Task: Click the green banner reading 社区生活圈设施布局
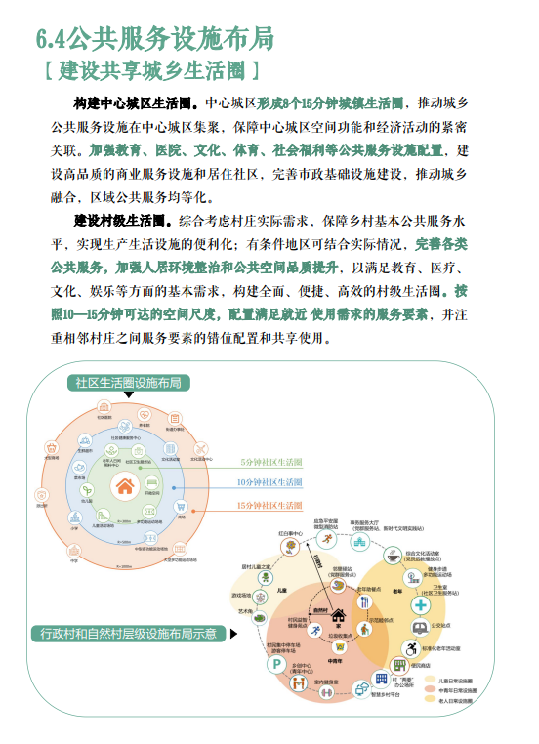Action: [128, 383]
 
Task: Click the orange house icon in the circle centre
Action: [126, 486]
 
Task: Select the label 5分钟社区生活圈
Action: [270, 460]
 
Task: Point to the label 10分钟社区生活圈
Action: [270, 482]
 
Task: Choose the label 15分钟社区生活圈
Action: [270, 505]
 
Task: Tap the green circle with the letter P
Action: [276, 665]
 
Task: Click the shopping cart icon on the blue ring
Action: [182, 510]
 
